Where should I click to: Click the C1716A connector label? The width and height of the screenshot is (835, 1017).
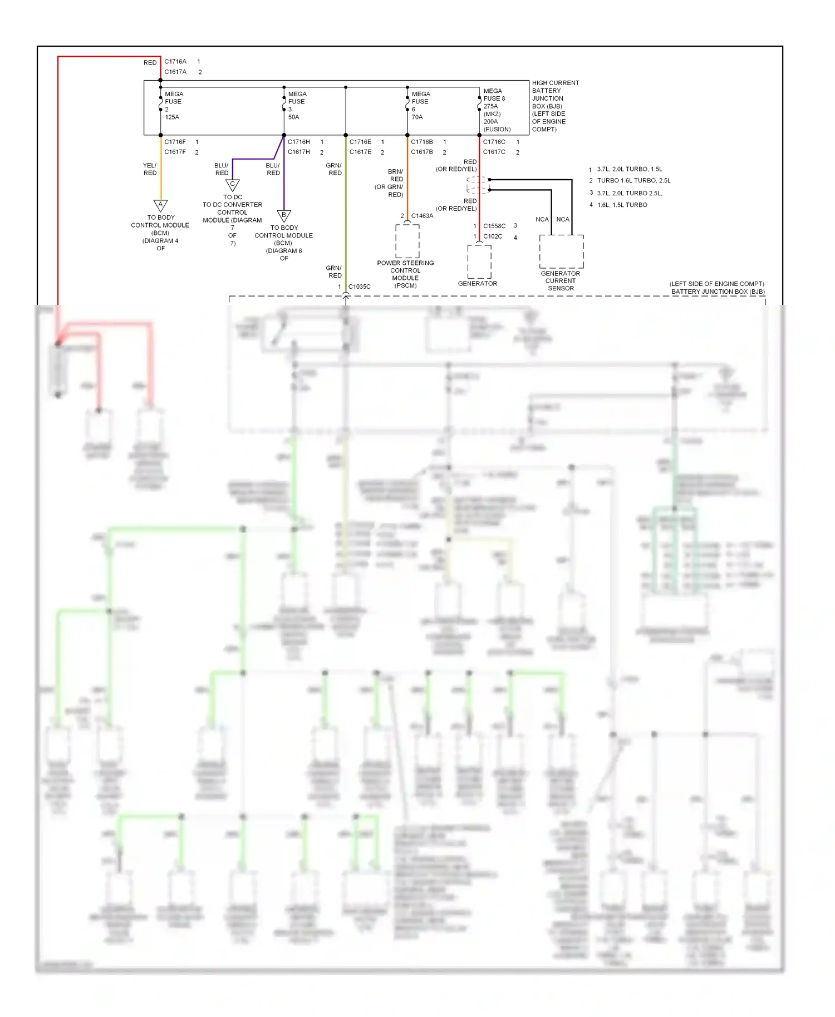[175, 62]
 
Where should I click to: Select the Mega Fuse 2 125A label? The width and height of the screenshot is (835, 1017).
[173, 106]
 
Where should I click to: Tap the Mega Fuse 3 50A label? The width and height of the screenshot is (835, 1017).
[297, 106]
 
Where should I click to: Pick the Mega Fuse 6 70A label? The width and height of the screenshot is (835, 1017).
[420, 106]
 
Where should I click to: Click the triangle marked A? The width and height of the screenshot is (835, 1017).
[160, 205]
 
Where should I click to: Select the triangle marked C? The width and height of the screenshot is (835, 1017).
[233, 185]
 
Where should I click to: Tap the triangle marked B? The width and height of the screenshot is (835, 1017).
[284, 215]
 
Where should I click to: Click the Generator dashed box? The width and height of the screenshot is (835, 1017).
[479, 261]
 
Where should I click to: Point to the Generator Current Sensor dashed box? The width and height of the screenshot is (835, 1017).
[561, 251]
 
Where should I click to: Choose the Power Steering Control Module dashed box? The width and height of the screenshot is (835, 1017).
[407, 241]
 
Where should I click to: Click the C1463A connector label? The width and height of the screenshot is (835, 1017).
[422, 216]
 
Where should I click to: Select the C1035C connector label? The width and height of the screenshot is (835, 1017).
[359, 287]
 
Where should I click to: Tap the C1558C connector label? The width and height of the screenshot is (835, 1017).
[494, 226]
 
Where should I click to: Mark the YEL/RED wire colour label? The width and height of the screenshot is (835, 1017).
[150, 169]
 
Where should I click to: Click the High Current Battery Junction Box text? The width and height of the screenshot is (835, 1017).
[554, 106]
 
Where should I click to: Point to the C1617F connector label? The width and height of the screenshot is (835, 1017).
[175, 152]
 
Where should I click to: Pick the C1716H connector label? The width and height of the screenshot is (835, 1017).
[299, 142]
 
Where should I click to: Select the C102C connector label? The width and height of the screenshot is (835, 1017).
[493, 236]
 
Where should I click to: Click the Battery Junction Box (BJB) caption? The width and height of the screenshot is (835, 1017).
[717, 288]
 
